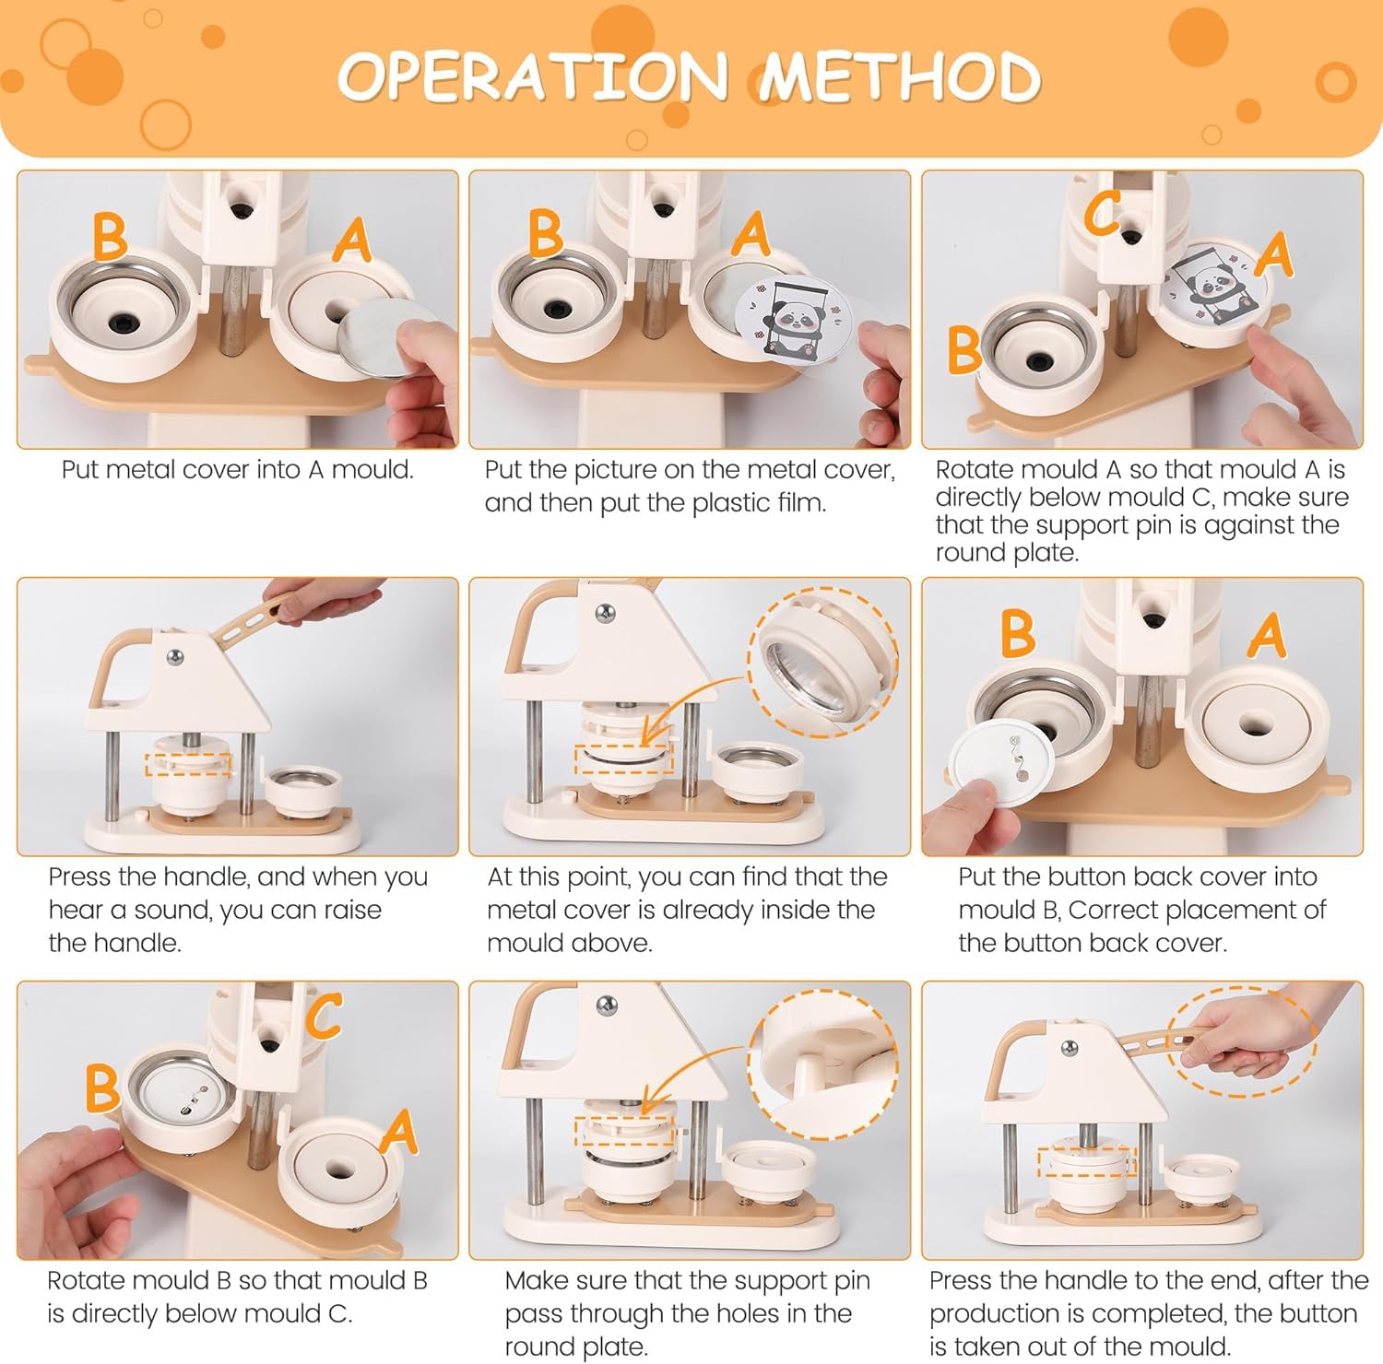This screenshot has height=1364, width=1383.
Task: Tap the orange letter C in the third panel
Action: pyautogui.click(x=1103, y=214)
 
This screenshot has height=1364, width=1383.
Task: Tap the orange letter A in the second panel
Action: pyautogui.click(x=751, y=234)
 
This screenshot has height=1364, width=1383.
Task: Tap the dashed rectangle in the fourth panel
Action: pyautogui.click(x=188, y=764)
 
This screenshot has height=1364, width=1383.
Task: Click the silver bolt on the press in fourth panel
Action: pyautogui.click(x=175, y=657)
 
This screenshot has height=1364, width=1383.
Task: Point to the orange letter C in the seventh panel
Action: pyautogui.click(x=324, y=1016)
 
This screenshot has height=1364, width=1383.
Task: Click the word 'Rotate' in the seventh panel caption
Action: pyautogui.click(x=89, y=1281)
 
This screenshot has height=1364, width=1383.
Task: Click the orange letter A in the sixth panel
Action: pyautogui.click(x=1268, y=636)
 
